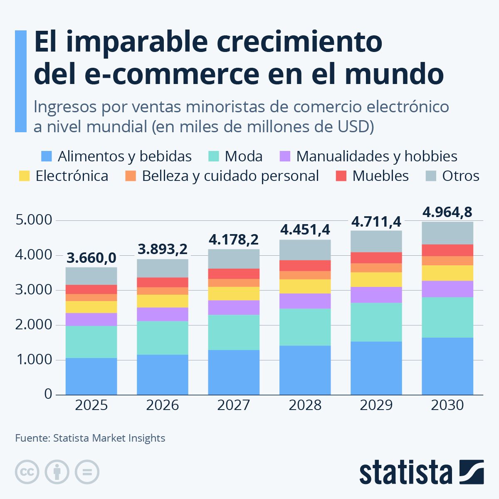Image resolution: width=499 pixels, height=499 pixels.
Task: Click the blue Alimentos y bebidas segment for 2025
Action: (91, 376)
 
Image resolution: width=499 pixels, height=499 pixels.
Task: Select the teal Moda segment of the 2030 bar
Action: (447, 317)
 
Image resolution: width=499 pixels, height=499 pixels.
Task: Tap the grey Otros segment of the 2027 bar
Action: (234, 259)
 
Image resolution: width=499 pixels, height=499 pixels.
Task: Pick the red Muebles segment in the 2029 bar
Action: (376, 258)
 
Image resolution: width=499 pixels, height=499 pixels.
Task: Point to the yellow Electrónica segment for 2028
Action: (305, 287)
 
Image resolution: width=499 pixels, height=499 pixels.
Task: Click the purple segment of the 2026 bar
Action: (163, 314)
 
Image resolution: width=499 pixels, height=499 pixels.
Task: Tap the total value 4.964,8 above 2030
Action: (447, 212)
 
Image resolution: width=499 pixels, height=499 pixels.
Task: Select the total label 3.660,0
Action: (91, 258)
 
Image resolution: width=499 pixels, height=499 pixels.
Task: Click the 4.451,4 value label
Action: (305, 230)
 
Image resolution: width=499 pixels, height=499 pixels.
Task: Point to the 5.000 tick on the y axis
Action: (34, 220)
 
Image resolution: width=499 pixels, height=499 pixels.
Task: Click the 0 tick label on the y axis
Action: (48, 394)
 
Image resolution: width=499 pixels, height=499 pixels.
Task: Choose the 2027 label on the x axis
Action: (234, 405)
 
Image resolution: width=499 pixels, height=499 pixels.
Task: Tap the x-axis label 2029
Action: (376, 405)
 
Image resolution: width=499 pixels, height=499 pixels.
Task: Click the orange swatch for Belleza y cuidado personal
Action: (131, 176)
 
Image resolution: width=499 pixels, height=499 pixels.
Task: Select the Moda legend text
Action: (244, 156)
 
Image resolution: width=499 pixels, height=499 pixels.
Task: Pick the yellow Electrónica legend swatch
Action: (25, 176)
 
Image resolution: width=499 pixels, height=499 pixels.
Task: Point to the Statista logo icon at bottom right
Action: (472, 472)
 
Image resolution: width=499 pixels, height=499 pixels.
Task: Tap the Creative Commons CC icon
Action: (27, 472)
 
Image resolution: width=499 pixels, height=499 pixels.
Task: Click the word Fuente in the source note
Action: (32, 438)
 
